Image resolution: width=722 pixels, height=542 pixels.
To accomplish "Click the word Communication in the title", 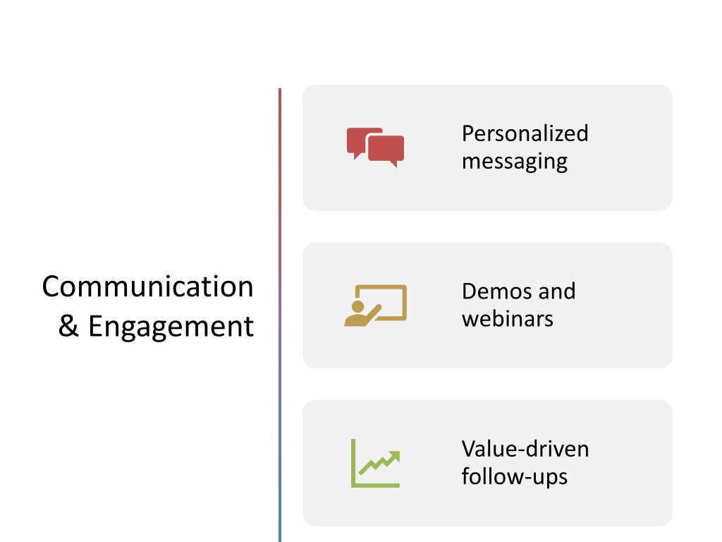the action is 148,287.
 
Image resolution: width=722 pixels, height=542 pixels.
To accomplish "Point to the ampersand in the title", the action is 68,326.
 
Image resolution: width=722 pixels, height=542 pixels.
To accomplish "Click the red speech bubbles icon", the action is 375,147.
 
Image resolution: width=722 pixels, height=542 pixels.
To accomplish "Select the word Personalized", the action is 525,133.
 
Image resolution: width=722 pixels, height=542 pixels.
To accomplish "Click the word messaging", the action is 514,162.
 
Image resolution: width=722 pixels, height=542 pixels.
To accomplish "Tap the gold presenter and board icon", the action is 375,306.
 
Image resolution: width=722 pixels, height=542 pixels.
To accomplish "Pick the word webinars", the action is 508,319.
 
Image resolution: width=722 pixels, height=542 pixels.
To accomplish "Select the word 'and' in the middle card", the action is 557,291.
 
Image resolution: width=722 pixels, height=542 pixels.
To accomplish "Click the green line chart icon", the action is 375,463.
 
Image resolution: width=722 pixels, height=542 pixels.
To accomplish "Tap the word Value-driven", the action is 525,449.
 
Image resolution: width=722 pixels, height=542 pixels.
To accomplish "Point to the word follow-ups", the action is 514,476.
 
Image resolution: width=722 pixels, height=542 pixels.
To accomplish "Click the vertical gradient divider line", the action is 280,315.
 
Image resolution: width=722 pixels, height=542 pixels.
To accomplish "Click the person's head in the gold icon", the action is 357,306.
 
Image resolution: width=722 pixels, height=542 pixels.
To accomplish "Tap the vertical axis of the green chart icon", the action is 353,463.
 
